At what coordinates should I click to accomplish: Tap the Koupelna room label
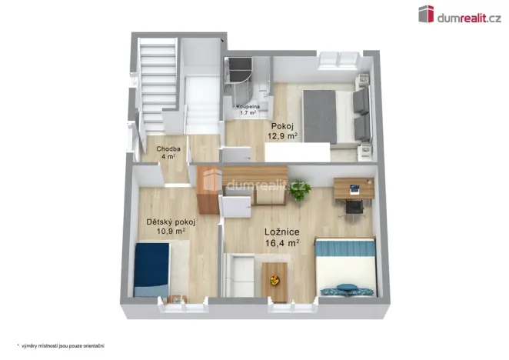248,107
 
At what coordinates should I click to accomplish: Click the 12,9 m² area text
282,135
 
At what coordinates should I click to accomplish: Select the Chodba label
168,148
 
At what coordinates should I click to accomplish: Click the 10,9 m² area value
170,231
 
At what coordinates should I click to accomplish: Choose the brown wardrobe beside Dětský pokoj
208,190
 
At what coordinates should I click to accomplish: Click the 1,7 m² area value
248,113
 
